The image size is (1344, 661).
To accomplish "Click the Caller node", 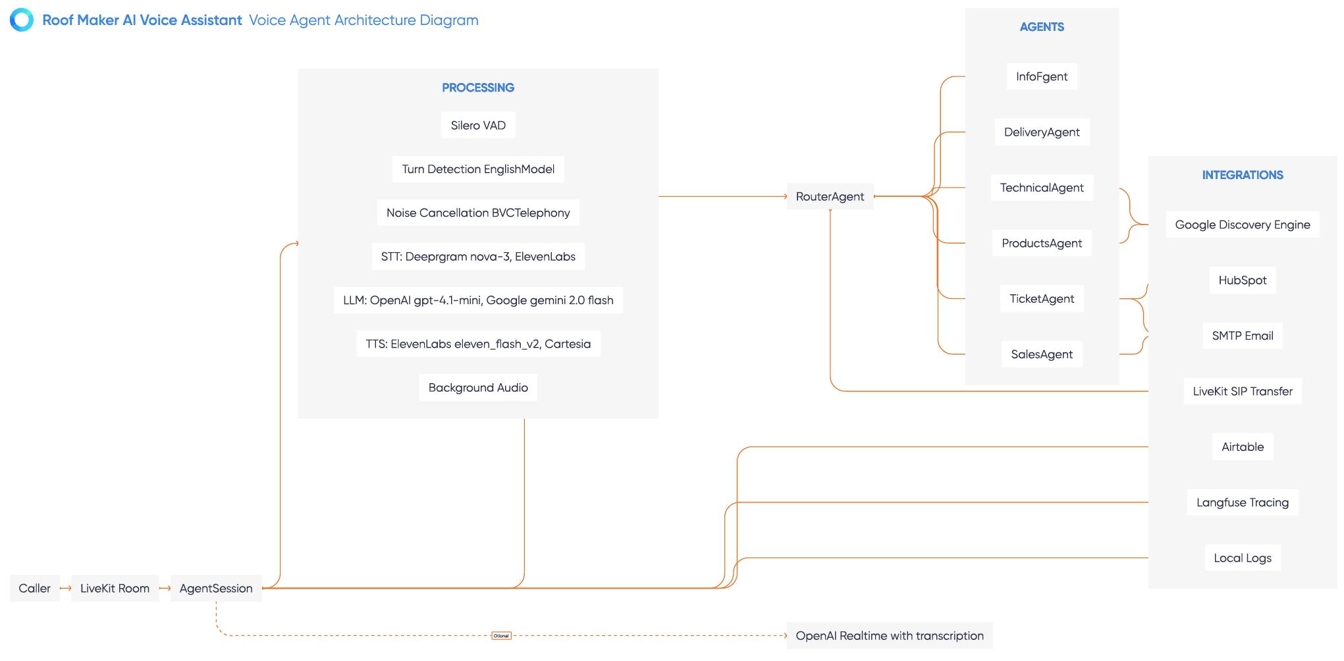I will coord(34,589).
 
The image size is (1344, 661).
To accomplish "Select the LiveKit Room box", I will coord(115,589).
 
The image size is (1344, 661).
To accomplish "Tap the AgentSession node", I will coord(216,589).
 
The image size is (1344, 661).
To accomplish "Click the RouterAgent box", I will coord(830,196).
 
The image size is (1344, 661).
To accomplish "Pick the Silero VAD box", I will coord(478,125).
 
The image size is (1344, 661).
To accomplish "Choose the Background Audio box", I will coord(478,388).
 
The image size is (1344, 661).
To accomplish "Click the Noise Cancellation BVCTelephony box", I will coord(478,213).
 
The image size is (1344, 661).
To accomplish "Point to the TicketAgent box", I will coord(1042,299).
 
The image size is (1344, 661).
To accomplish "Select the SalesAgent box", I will coord(1042,354).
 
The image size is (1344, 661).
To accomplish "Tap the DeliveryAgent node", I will coord(1042,132).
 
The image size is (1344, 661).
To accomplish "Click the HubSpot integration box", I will coord(1242,280).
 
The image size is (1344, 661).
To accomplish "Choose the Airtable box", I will coord(1242,447).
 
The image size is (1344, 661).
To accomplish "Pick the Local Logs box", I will coord(1242,558).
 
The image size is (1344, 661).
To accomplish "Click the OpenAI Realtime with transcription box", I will coord(889,636).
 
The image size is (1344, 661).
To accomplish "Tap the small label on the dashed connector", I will coord(501,636).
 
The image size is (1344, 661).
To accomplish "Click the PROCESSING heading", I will coord(478,88).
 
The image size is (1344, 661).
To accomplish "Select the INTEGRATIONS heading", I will coord(1242,175).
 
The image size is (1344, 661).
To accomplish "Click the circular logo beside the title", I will coord(22,20).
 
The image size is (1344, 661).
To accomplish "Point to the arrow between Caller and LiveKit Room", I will coord(65,589).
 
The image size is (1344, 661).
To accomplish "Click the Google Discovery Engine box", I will coord(1242,225).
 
